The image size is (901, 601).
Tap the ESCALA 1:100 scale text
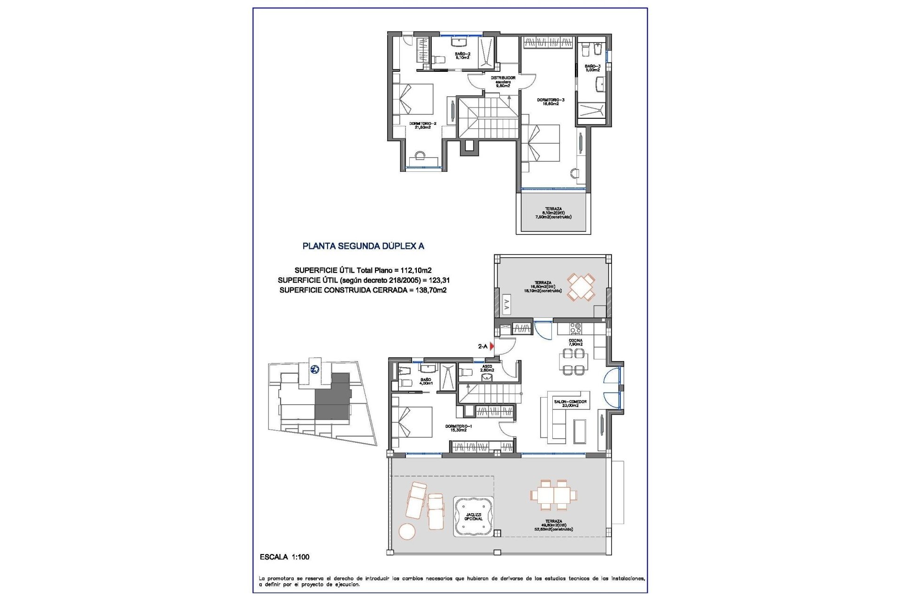click(x=284, y=557)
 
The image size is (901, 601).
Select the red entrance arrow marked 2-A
click(x=492, y=346)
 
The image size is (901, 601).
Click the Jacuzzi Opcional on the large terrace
click(x=473, y=516)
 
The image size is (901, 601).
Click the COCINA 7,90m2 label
click(x=575, y=342)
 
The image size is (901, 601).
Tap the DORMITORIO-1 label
click(x=458, y=428)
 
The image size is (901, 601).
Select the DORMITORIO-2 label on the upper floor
click(x=422, y=125)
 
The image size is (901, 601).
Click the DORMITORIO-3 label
click(x=550, y=102)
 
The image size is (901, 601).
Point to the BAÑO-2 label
click(x=462, y=55)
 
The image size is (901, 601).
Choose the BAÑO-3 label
click(x=592, y=68)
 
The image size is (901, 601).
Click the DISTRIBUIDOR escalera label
click(x=503, y=82)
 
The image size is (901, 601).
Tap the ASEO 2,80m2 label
click(x=487, y=368)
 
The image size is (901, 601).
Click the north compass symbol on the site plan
click(x=314, y=369)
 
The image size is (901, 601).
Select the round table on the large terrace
click(x=407, y=532)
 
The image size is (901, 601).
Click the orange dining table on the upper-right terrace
click(x=581, y=287)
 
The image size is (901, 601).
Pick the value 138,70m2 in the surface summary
click(x=431, y=290)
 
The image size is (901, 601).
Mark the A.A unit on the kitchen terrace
click(x=506, y=305)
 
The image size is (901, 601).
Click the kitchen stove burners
click(x=575, y=328)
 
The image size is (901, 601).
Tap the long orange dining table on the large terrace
click(x=554, y=495)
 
